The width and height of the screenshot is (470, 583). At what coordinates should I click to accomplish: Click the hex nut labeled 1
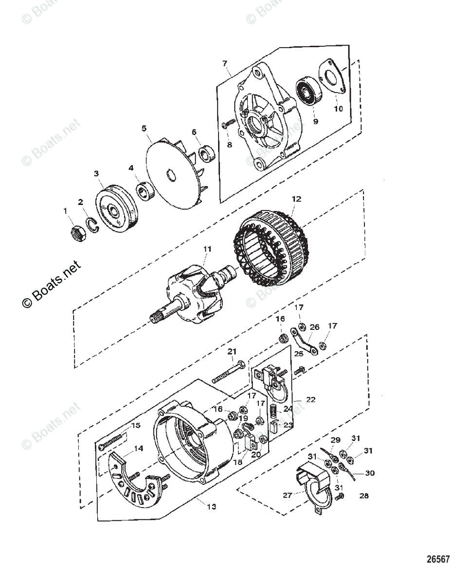(x=78, y=234)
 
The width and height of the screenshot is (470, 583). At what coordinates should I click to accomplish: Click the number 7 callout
(x=225, y=63)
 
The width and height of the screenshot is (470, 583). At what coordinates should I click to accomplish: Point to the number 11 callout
(x=208, y=249)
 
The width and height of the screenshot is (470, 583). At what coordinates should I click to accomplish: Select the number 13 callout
(x=211, y=506)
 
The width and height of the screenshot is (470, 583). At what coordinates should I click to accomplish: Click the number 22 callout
(x=311, y=399)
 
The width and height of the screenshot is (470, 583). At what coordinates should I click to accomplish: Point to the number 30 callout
(x=370, y=472)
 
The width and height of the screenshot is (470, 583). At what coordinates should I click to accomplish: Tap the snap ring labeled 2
(x=94, y=223)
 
